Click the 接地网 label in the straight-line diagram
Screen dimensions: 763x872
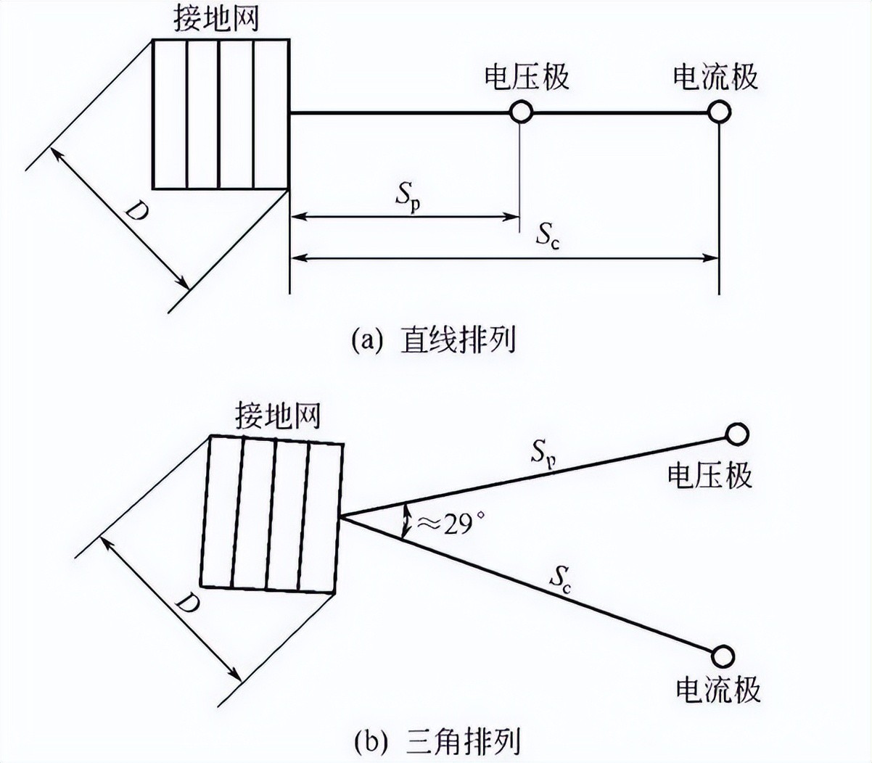(215, 20)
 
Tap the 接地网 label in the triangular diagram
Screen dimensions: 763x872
(277, 416)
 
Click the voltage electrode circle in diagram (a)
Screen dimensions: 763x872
(521, 112)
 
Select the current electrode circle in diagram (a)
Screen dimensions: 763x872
(719, 112)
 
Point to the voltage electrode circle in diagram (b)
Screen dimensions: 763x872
(737, 434)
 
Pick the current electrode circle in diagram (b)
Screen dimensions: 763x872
(722, 655)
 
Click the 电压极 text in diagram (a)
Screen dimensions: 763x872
(527, 77)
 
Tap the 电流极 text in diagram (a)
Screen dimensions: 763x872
(716, 77)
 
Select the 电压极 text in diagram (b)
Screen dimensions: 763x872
(709, 475)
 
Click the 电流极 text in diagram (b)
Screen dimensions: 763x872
(718, 689)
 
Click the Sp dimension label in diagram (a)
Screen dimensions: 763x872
(408, 198)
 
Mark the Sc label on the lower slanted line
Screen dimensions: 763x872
(559, 580)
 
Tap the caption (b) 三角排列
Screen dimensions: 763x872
(437, 741)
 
